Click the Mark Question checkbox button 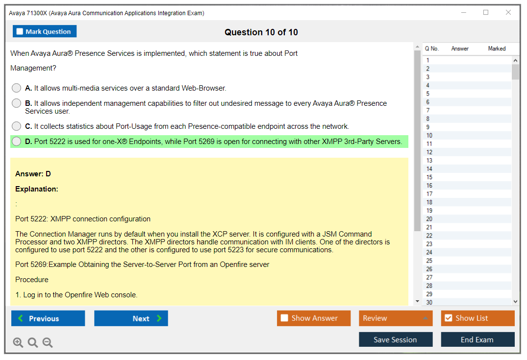pos(44,31)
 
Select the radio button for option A pos(16,88)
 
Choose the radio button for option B pos(16,103)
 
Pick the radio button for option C pos(16,126)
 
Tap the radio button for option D pos(16,142)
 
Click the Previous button pos(48,318)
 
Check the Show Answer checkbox pos(284,318)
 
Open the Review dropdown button pos(396,318)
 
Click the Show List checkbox pos(449,318)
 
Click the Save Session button pos(396,339)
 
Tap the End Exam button pos(477,339)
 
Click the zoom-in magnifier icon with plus pos(18,342)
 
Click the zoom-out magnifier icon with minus pos(48,342)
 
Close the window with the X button pos(508,12)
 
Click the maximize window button pos(486,12)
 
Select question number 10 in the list pos(429,135)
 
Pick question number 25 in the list pos(429,261)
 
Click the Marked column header pos(497,48)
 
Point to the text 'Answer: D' pos(33,174)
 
